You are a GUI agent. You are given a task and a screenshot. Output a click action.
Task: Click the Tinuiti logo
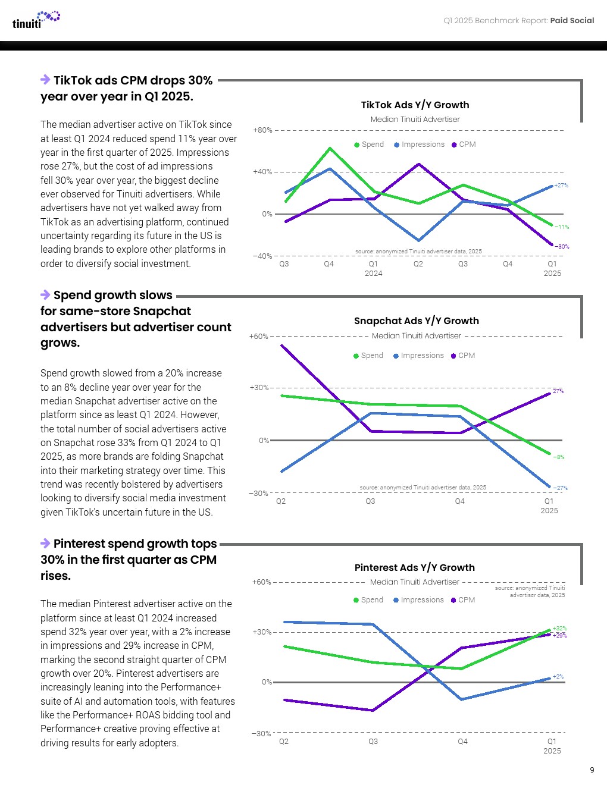(x=36, y=20)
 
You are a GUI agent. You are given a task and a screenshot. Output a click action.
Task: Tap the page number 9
(x=592, y=770)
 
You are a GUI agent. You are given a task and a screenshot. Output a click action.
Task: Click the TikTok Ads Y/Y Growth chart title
(x=415, y=105)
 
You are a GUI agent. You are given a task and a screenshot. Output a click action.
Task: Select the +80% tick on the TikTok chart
(x=262, y=130)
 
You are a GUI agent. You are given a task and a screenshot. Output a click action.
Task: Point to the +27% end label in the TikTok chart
(x=561, y=186)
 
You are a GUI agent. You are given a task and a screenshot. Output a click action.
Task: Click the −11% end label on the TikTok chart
(x=562, y=227)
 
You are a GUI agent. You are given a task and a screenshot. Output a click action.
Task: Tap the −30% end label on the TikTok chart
(x=562, y=246)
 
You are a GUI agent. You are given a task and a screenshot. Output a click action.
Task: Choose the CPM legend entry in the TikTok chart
(x=464, y=145)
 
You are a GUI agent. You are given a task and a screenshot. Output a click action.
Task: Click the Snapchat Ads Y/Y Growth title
(x=416, y=321)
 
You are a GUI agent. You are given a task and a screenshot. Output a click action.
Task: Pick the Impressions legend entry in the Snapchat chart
(x=418, y=356)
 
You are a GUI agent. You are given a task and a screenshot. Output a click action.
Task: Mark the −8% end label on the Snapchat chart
(x=559, y=457)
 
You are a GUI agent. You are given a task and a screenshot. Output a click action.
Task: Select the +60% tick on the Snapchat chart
(x=259, y=336)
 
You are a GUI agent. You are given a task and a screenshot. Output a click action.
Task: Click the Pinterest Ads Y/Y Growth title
(x=414, y=567)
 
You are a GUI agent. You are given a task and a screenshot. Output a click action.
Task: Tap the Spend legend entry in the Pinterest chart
(x=368, y=600)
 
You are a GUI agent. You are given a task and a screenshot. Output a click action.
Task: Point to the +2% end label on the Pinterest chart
(x=558, y=676)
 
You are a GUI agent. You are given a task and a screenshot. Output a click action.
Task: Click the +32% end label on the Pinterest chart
(x=559, y=628)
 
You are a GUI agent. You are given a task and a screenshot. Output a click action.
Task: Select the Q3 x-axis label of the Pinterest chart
(x=373, y=741)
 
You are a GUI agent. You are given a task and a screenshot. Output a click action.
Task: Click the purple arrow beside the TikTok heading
(x=45, y=80)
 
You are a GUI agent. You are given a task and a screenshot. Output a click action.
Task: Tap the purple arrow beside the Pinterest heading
(x=45, y=543)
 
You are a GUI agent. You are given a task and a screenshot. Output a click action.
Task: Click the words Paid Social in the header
(x=572, y=20)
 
